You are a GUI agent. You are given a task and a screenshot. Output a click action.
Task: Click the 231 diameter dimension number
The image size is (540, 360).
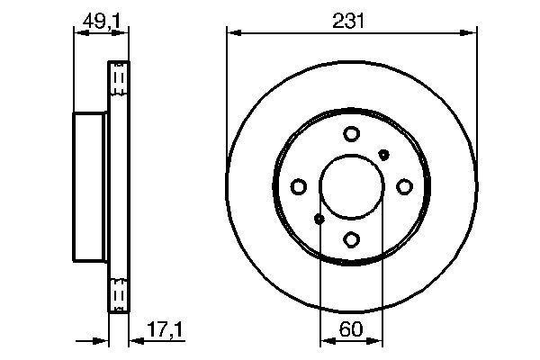click(351, 21)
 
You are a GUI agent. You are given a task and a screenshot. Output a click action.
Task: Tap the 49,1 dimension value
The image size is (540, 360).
click(99, 21)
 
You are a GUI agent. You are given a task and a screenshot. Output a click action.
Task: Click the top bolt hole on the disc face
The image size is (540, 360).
click(351, 134)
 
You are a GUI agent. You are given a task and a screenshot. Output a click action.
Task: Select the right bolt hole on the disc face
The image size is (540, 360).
click(404, 186)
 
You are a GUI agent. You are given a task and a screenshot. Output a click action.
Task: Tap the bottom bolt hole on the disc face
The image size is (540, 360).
click(351, 239)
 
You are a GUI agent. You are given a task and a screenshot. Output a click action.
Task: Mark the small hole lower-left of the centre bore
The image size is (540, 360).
click(319, 219)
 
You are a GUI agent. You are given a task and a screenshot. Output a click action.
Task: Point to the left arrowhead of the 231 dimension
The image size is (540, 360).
click(232, 33)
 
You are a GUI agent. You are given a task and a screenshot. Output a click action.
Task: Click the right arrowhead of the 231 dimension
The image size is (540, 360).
click(471, 33)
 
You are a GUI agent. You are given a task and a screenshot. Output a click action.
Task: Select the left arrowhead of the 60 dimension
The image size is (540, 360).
click(327, 340)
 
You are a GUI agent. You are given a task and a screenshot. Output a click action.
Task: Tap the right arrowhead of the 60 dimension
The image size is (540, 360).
click(377, 340)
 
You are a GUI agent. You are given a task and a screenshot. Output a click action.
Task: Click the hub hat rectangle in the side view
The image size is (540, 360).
click(90, 186)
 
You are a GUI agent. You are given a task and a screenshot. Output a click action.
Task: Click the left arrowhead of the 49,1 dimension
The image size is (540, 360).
click(78, 33)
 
